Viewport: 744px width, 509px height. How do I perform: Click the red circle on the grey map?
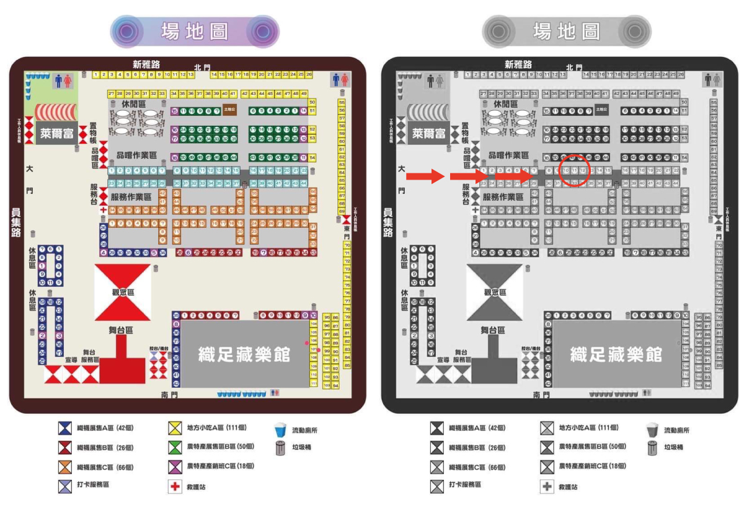(573, 172)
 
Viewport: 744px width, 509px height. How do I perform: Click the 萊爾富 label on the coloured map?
(56, 133)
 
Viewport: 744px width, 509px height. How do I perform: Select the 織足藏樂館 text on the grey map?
(616, 355)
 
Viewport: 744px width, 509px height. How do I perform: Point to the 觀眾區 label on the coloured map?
(123, 292)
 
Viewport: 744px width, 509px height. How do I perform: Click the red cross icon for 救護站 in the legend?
(175, 487)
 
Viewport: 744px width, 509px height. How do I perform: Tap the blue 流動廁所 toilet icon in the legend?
(280, 429)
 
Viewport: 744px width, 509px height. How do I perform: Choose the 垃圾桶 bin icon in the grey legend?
(652, 448)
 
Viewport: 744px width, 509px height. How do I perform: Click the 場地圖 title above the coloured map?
(195, 31)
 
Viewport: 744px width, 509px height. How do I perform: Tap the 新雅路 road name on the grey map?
(518, 64)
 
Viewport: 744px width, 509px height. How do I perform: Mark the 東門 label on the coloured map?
(347, 232)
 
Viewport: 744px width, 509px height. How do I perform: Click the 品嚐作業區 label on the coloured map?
(131, 155)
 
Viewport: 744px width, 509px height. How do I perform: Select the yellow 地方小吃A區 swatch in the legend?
(175, 428)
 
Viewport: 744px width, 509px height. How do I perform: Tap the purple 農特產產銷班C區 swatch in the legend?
(175, 466)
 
